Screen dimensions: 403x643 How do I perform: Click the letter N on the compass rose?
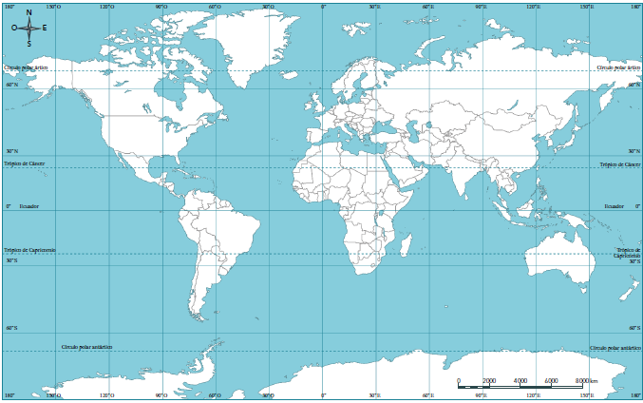28,12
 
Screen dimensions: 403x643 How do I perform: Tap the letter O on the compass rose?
13,28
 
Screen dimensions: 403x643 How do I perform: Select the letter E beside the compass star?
44,28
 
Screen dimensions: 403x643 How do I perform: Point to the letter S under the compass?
28,44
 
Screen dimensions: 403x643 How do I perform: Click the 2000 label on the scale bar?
489,380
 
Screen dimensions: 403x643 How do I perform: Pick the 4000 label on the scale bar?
520,380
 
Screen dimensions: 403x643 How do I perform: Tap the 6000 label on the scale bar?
551,380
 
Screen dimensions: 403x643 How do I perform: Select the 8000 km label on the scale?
585,380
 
